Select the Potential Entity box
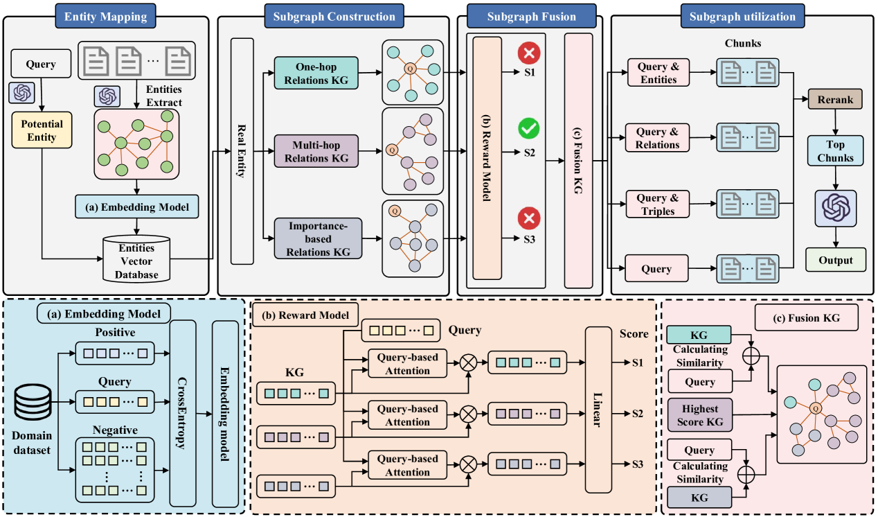[42, 131]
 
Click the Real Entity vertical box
[242, 151]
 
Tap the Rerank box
[834, 98]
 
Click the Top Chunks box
[835, 151]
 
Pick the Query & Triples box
[658, 205]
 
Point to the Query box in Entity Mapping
[41, 64]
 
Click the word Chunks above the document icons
[742, 43]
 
